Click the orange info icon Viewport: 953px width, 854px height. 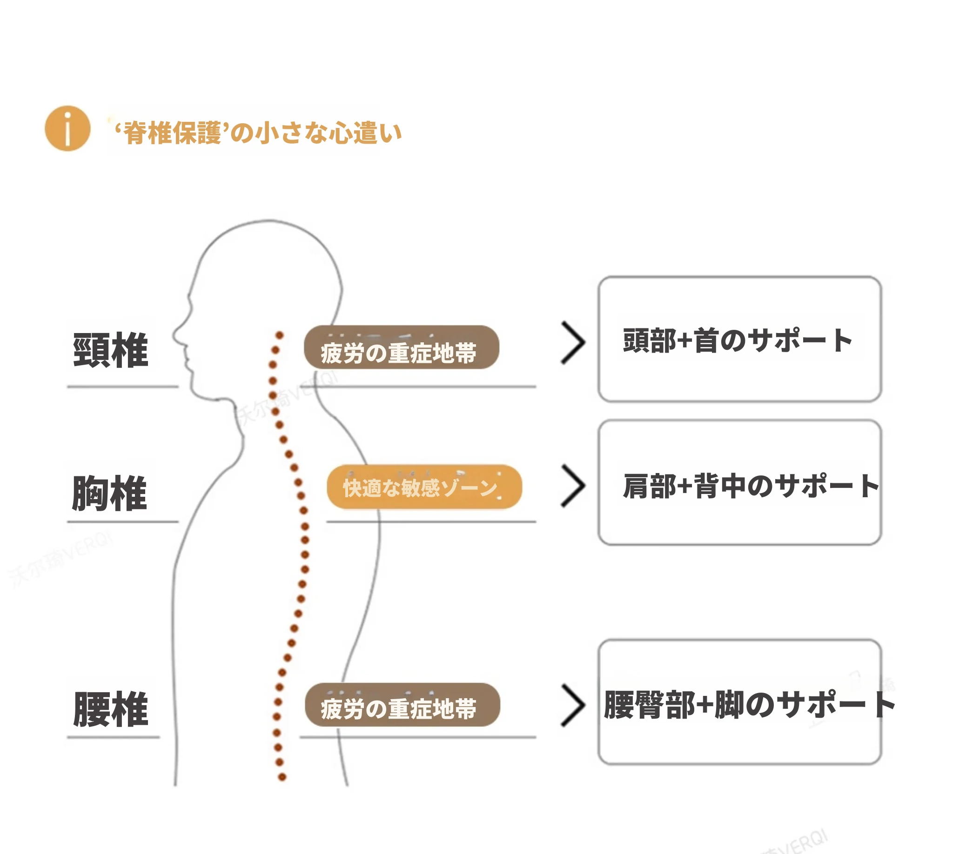(67, 128)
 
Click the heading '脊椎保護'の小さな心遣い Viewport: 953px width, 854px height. (258, 133)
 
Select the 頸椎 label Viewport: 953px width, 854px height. (111, 350)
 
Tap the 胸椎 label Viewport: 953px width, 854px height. (110, 493)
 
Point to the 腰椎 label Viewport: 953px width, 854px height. (111, 709)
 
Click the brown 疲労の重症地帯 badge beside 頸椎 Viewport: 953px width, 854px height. (402, 347)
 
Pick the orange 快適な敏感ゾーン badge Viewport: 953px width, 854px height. (424, 487)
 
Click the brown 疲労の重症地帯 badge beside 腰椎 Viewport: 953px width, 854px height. (402, 705)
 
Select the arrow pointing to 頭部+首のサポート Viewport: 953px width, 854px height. (573, 343)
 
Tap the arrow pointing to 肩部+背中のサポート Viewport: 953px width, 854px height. (573, 486)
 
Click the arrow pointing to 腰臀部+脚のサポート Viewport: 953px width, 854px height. (573, 705)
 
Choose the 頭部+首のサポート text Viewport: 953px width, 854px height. (738, 340)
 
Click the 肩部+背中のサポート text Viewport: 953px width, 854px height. (751, 486)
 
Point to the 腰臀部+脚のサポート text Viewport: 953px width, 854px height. (749, 705)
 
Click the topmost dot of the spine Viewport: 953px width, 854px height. (279, 335)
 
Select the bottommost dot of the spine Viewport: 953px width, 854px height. (282, 777)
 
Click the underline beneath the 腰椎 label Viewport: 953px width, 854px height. (113, 737)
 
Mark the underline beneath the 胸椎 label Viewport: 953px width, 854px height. (122, 521)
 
